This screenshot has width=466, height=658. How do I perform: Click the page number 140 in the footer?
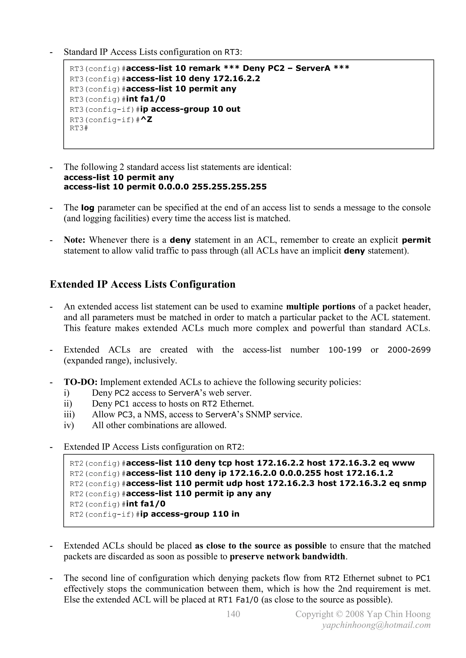pyautogui.click(x=233, y=614)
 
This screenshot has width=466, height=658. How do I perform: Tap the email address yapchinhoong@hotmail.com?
pyautogui.click(x=376, y=625)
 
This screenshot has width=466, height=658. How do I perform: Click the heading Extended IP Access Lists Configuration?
pyautogui.click(x=143, y=284)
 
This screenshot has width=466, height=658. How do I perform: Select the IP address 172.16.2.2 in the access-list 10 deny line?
pyautogui.click(x=236, y=78)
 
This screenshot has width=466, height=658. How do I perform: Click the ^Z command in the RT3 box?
pyautogui.click(x=146, y=120)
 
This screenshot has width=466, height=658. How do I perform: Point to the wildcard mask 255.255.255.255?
pyautogui.click(x=229, y=187)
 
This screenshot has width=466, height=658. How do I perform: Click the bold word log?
pyautogui.click(x=88, y=208)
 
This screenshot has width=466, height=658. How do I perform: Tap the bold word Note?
pyautogui.click(x=75, y=240)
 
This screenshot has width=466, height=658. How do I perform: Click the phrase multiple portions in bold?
pyautogui.click(x=321, y=307)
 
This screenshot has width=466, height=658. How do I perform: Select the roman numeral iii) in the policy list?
pyautogui.click(x=69, y=414)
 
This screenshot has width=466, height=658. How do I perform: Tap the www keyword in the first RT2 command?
pyautogui.click(x=403, y=463)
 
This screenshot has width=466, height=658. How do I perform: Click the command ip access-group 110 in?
pyautogui.click(x=190, y=514)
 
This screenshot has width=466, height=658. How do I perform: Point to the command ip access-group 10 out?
pyautogui.click(x=190, y=109)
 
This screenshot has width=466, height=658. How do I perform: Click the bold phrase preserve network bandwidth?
pyautogui.click(x=287, y=557)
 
